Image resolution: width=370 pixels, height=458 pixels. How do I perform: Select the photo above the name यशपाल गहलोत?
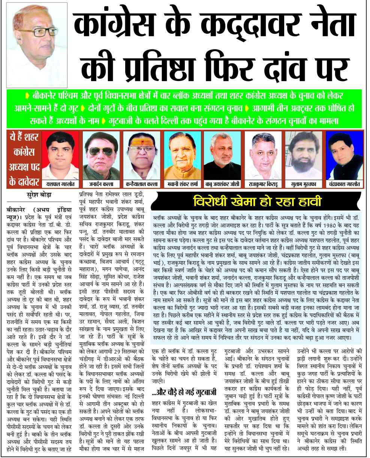coord(61,155)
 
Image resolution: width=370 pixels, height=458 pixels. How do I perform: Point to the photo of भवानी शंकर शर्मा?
coord(182,155)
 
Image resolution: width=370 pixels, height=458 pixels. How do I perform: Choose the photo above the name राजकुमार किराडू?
coord(262,155)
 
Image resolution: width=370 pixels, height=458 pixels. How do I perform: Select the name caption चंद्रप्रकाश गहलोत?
coord(344,184)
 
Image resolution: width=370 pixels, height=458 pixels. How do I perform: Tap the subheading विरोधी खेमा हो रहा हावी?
coord(258,202)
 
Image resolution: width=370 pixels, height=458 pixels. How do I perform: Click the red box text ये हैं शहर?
coord(24,138)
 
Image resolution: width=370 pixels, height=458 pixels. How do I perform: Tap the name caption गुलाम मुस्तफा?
coord(303,184)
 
